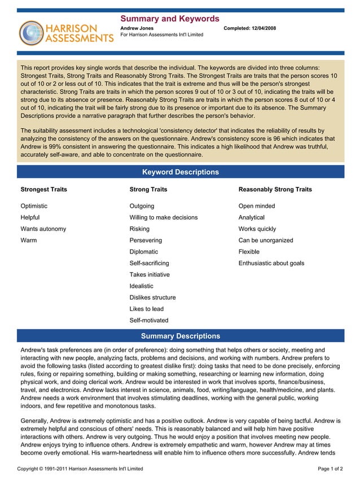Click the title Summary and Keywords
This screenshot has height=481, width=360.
point(170,19)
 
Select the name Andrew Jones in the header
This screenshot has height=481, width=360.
point(137,28)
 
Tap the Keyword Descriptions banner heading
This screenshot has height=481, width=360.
point(180,172)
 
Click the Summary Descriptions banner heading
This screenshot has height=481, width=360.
point(180,336)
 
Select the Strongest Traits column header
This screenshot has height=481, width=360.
point(43,190)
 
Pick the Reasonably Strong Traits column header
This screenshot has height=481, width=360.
point(275,190)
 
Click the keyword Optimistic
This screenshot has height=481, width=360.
point(34,206)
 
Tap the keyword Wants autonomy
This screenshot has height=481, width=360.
point(43,229)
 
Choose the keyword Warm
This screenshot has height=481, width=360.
point(29,240)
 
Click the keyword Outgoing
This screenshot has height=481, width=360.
point(142,206)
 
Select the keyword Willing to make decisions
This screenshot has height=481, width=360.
point(163,217)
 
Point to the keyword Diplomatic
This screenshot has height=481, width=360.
point(144,252)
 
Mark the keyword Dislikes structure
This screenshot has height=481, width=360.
point(152,298)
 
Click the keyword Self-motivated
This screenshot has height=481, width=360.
point(149,320)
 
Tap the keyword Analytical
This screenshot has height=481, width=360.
point(251,217)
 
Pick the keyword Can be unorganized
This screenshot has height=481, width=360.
point(266,240)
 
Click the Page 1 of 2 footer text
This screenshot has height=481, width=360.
point(330,469)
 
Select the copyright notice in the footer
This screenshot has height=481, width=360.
point(80,469)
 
